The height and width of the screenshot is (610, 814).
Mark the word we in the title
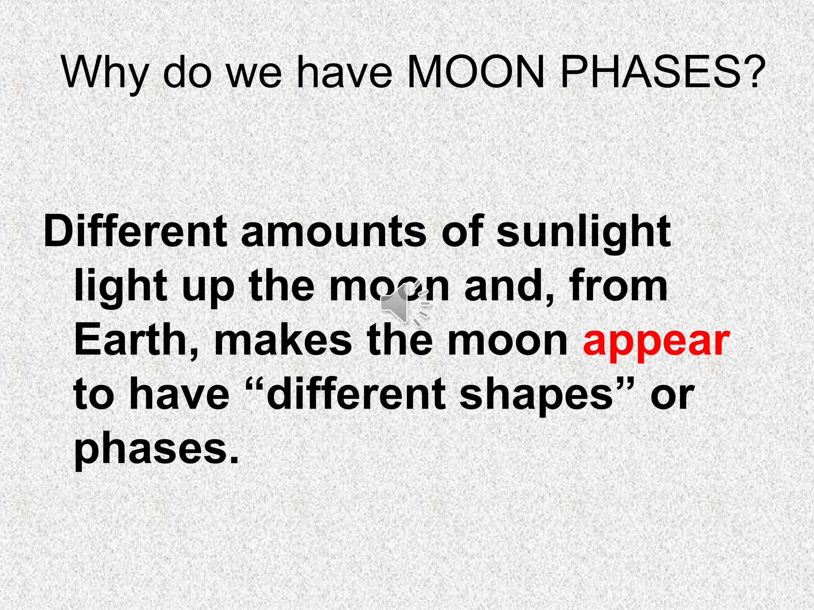(x=255, y=74)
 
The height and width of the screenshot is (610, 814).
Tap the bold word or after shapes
(x=672, y=396)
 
